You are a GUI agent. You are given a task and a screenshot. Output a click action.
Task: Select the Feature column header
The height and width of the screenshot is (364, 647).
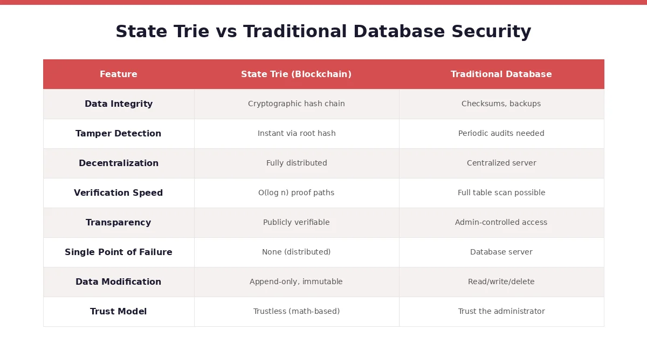click(x=119, y=74)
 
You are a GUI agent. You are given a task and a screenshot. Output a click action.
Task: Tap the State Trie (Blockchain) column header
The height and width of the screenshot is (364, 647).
click(x=296, y=74)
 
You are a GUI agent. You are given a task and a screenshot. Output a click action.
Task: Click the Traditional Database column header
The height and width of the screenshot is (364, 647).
click(x=501, y=74)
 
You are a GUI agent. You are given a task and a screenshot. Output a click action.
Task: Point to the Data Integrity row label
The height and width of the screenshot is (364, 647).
click(x=119, y=104)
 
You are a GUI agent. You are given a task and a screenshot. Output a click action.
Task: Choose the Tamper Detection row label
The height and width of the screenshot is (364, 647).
click(x=119, y=134)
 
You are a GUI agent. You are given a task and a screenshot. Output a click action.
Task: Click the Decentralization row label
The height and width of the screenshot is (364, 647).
click(x=119, y=163)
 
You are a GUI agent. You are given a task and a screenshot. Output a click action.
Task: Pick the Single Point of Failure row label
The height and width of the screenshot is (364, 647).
click(x=119, y=252)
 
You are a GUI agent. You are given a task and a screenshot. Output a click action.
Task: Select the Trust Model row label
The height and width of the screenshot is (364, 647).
click(x=119, y=312)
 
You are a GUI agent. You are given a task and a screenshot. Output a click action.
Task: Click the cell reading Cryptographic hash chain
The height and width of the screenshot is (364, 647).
click(x=296, y=104)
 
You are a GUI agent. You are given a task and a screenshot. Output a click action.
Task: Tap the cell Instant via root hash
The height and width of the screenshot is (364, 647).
click(x=296, y=134)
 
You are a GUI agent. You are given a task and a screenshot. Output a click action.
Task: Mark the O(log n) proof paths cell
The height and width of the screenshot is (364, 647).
click(x=296, y=193)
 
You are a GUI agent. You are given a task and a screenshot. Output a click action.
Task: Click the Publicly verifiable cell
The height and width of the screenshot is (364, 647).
click(x=296, y=223)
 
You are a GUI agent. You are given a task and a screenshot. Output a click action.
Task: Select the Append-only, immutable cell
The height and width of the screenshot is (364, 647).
click(x=296, y=282)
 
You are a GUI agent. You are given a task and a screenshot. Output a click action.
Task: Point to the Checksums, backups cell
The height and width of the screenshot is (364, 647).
click(x=501, y=104)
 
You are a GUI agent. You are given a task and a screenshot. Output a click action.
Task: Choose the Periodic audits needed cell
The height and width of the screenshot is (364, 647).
click(x=501, y=134)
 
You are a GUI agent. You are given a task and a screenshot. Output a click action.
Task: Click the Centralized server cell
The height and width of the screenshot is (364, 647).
click(x=501, y=163)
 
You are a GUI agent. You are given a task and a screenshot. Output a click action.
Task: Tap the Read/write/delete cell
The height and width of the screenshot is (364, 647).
click(x=501, y=282)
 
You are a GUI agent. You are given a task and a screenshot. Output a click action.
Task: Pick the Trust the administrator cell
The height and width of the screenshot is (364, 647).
click(x=501, y=312)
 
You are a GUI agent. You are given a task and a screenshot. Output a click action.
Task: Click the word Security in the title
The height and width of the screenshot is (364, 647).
click(x=491, y=32)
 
